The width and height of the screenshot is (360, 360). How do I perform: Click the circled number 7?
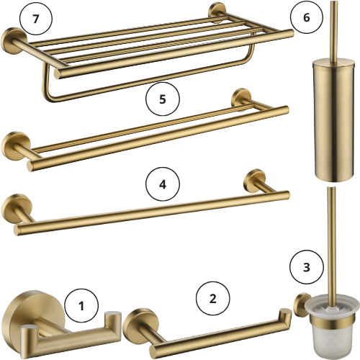36,19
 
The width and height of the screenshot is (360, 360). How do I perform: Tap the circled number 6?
307,17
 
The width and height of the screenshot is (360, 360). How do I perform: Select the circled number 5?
163,99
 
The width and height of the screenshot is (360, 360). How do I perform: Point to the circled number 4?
163,184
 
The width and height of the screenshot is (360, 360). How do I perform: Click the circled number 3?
307,267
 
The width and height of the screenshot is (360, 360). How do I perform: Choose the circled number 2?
213,299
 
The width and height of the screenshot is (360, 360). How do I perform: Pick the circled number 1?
81,306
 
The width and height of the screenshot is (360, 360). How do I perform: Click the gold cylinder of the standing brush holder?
333,121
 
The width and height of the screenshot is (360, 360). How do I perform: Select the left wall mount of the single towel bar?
17,208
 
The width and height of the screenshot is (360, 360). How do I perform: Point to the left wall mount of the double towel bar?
16,145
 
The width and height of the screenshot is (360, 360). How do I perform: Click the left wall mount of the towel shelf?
14,41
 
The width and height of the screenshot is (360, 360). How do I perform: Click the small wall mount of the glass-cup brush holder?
301,305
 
